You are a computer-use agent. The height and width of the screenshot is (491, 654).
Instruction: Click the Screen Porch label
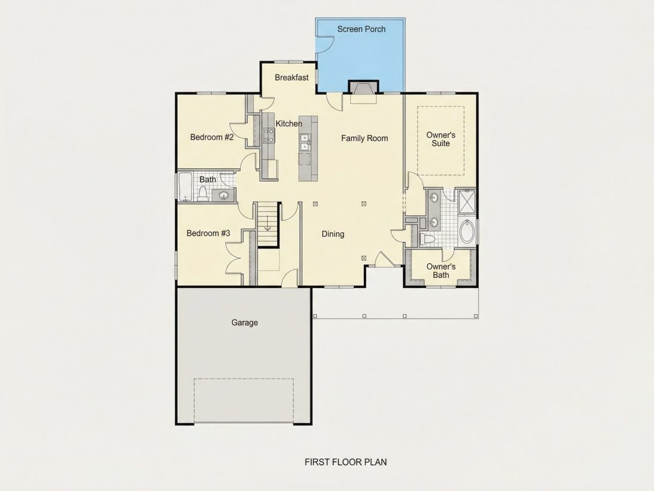pyautogui.click(x=361, y=29)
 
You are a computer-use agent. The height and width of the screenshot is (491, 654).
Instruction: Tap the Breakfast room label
pyautogui.click(x=291, y=77)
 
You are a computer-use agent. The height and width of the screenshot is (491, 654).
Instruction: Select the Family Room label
pyautogui.click(x=364, y=138)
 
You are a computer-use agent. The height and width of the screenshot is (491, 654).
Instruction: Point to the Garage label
pyautogui.click(x=244, y=323)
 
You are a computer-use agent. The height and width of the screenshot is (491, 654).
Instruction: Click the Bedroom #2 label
pyautogui.click(x=212, y=137)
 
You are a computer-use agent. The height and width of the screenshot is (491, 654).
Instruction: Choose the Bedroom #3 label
pyautogui.click(x=208, y=233)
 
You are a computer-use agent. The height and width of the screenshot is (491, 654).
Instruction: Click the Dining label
pyautogui.click(x=333, y=234)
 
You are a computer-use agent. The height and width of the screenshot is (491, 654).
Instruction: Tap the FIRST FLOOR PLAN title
pyautogui.click(x=346, y=462)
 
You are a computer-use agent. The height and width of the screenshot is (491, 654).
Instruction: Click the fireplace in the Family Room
pyautogui.click(x=363, y=92)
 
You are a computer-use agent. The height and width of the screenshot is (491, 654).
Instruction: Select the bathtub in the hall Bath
pyautogui.click(x=184, y=187)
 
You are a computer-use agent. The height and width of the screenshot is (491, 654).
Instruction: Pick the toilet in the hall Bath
pyautogui.click(x=203, y=194)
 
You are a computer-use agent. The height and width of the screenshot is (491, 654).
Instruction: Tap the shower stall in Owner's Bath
pyautogui.click(x=467, y=201)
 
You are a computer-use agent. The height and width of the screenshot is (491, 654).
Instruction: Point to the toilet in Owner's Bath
pyautogui.click(x=426, y=239)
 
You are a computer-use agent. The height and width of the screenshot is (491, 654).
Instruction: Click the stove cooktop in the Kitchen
pyautogui.click(x=268, y=135)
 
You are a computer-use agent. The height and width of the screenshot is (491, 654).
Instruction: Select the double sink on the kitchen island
pyautogui.click(x=305, y=142)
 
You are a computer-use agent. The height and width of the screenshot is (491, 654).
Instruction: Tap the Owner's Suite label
pyautogui.click(x=441, y=139)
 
